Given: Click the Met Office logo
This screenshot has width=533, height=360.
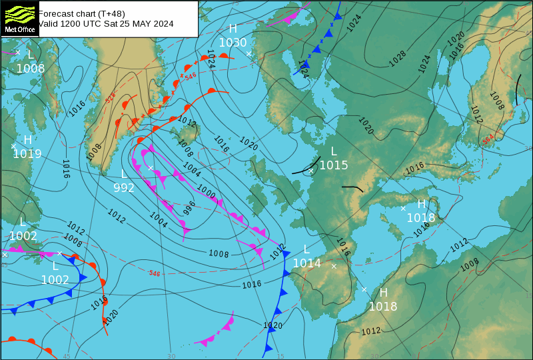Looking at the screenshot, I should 19,19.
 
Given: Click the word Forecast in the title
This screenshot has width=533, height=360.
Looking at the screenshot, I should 56,13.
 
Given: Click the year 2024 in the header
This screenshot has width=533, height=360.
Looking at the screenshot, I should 163,23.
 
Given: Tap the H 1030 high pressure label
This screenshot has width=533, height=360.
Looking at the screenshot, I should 233,36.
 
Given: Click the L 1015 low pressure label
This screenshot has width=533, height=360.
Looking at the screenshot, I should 334,159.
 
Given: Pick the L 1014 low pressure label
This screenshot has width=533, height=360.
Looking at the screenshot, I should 306,257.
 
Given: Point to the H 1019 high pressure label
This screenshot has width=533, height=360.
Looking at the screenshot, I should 27,147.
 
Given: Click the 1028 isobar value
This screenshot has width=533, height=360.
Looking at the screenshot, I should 398,58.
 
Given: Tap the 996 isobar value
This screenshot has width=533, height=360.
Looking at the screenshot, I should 189,207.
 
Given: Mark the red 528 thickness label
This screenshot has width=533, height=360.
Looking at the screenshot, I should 111,98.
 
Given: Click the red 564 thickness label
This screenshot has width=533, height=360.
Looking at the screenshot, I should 488,140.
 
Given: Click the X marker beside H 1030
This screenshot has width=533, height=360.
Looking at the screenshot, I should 249,54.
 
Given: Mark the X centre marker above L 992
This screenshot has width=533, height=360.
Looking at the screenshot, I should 151,168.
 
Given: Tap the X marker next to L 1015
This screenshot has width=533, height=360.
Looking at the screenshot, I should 310,171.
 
